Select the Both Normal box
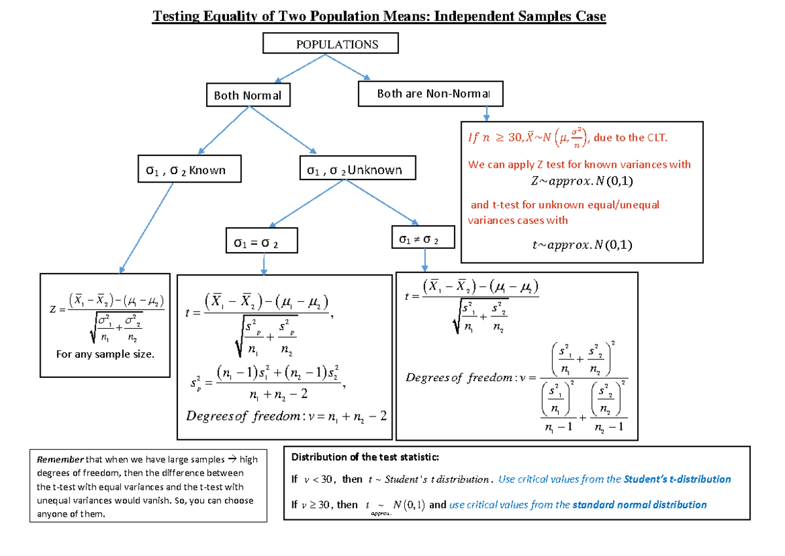click(x=247, y=96)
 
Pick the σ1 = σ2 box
click(x=260, y=240)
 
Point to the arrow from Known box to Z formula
click(x=147, y=227)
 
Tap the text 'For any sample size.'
click(x=105, y=354)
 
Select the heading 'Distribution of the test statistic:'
click(x=366, y=457)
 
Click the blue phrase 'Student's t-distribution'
click(x=677, y=479)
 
